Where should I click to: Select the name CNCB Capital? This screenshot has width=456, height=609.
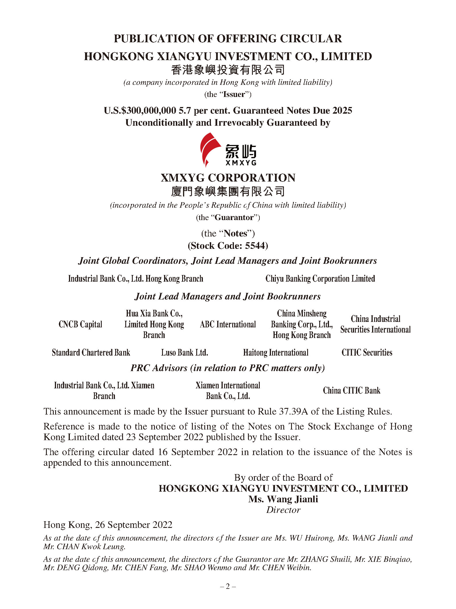pos(80,324)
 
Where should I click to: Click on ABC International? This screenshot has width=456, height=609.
pos(228,324)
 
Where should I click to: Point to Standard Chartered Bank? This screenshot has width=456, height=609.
pos(91,352)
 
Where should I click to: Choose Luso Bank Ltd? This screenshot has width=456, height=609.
pos(184,352)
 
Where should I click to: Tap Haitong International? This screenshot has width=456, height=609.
pos(276,352)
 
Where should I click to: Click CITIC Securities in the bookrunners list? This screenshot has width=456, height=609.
pos(367,352)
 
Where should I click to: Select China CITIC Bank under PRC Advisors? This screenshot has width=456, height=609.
pos(351,390)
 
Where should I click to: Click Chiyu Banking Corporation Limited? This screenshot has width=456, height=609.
pos(320,278)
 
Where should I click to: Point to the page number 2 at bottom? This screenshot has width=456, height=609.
pos(228,586)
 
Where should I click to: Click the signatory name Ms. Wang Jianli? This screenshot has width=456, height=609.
pos(283,499)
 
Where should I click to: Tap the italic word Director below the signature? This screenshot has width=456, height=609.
pos(283,510)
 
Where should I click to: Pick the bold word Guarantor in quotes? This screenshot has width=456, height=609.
pos(234,217)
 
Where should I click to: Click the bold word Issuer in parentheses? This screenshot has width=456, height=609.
pos(234,94)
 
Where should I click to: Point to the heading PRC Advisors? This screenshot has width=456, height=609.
pos(159,368)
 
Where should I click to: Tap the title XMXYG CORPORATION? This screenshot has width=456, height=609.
pos(228,178)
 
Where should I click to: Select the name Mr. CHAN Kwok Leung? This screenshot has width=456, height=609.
pos(84,547)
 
